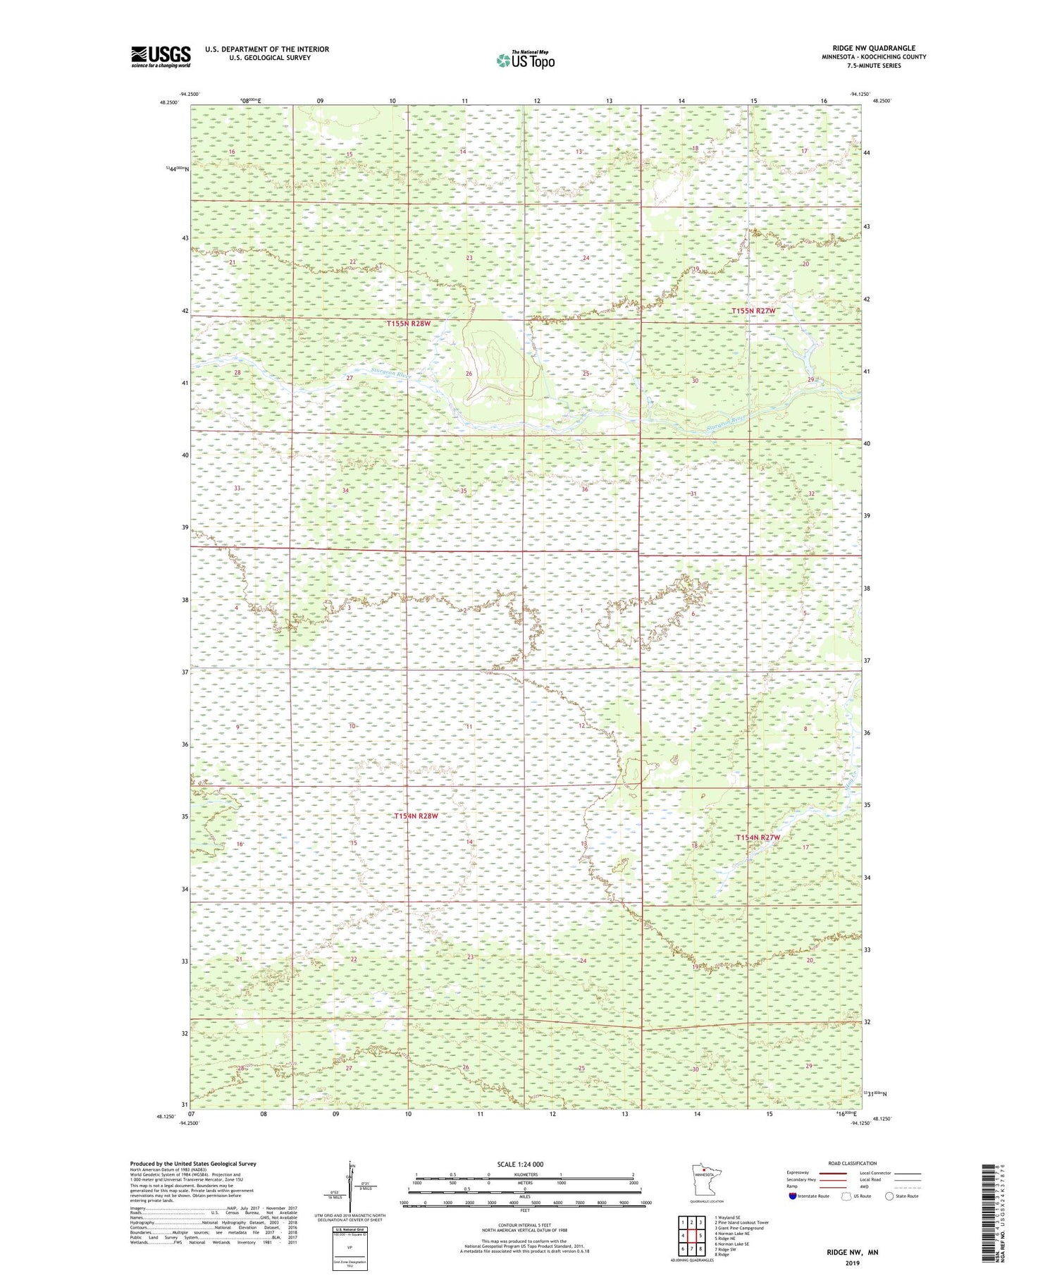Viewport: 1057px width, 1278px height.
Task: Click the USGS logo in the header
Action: click(161, 56)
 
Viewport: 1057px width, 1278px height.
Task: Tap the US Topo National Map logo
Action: click(525, 61)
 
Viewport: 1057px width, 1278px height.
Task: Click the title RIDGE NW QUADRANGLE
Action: click(873, 48)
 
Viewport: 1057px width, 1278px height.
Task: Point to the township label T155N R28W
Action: click(408, 324)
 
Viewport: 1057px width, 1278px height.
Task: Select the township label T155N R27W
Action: click(753, 311)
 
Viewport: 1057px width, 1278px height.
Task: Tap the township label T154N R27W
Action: click(758, 837)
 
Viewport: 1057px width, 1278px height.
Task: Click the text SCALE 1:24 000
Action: click(524, 1165)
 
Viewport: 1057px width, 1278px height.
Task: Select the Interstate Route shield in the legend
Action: click(792, 1196)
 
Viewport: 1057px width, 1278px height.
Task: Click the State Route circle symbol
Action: click(890, 1196)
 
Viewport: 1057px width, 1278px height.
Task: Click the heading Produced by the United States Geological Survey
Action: click(193, 1164)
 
